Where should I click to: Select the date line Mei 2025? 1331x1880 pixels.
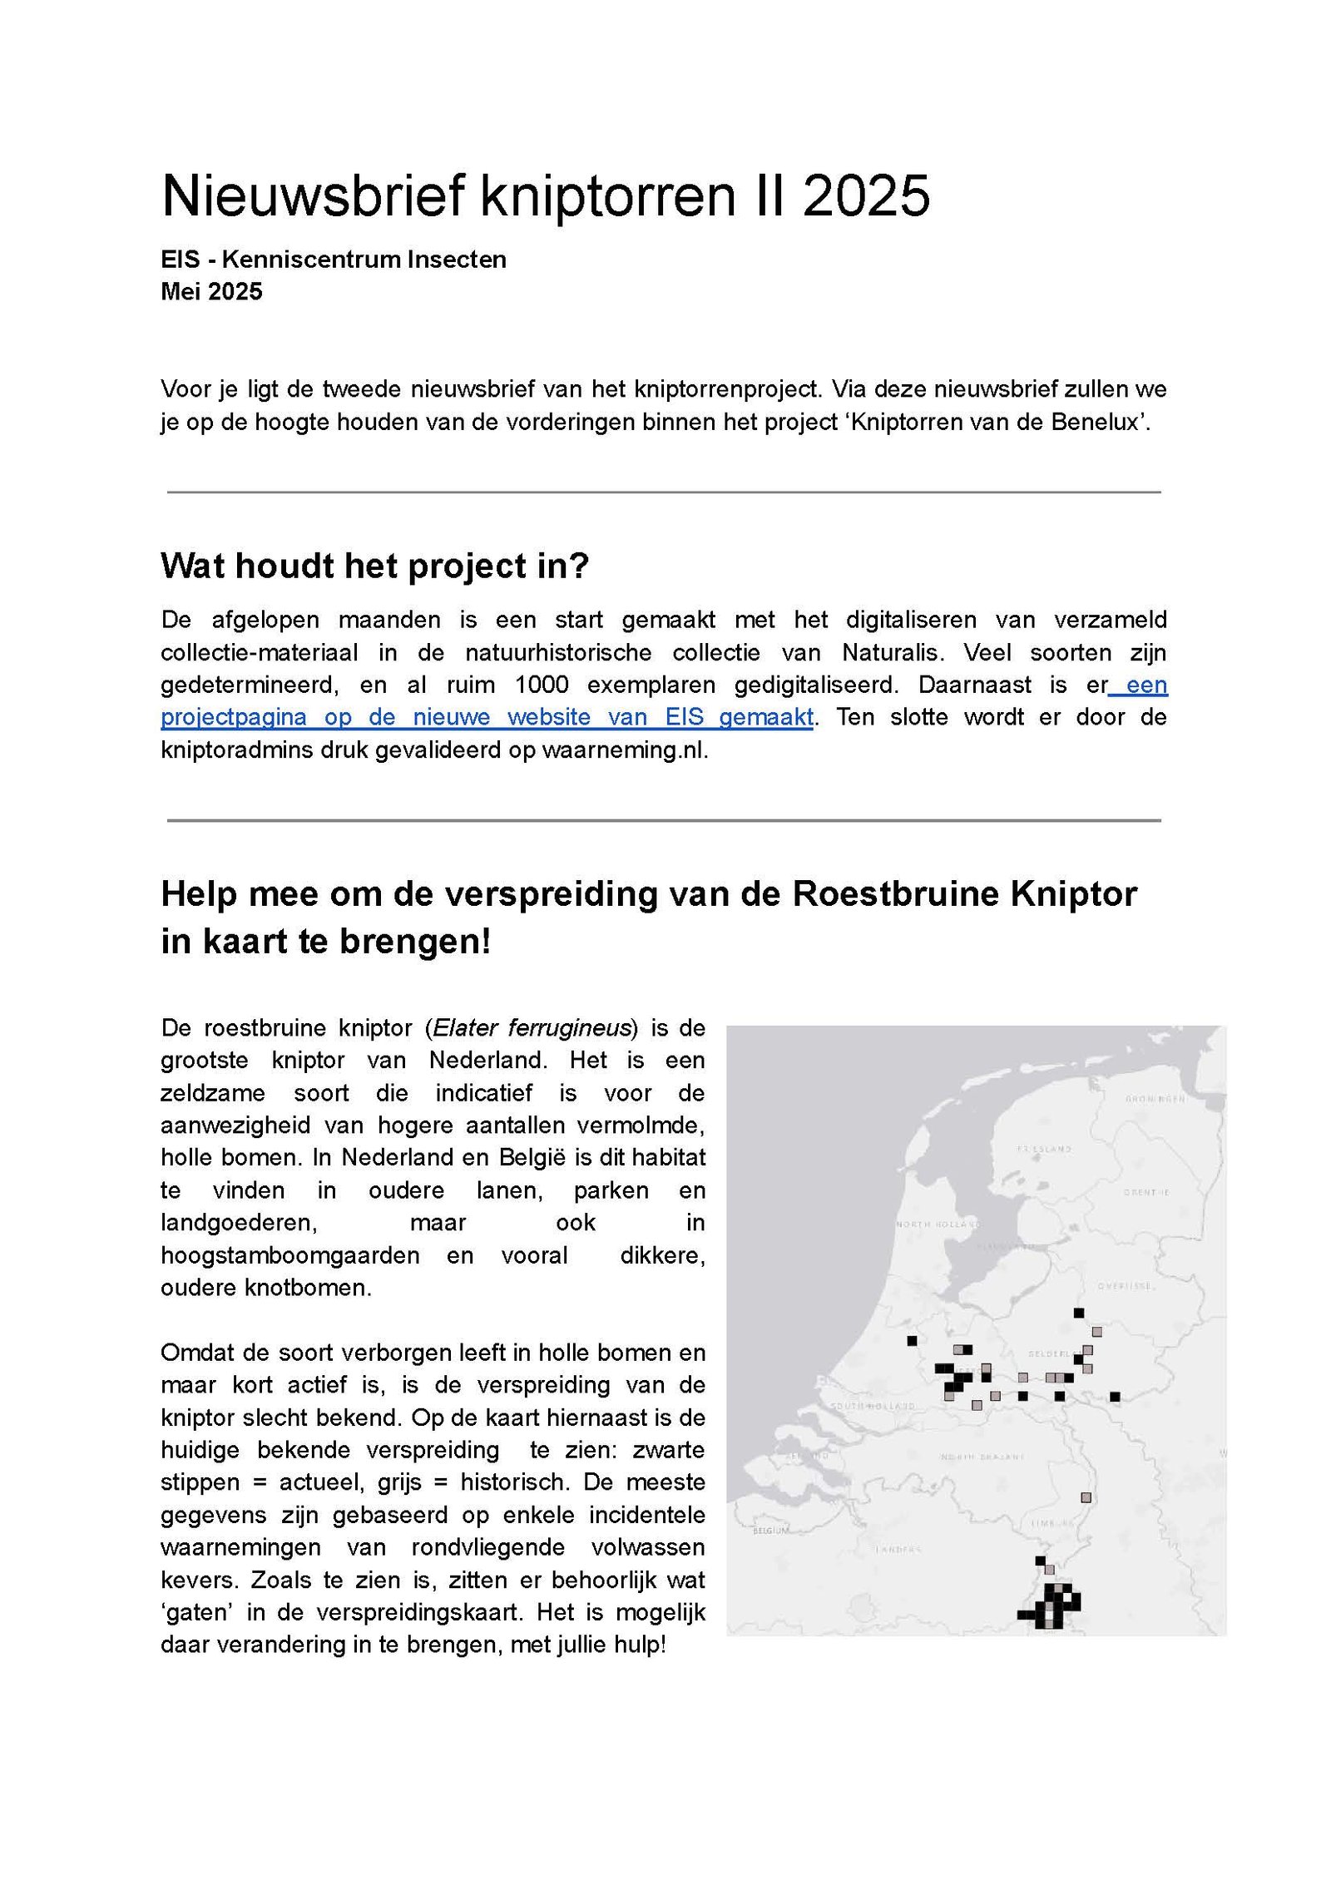(x=211, y=291)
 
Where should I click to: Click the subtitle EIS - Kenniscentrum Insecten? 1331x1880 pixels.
(x=333, y=260)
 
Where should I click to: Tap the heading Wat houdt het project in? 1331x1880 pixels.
(x=374, y=566)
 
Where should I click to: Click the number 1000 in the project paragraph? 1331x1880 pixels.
(x=541, y=685)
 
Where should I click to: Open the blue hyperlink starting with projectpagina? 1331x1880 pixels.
(x=487, y=717)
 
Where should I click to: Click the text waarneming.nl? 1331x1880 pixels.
(x=624, y=750)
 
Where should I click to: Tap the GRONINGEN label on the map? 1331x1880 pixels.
(x=1155, y=1099)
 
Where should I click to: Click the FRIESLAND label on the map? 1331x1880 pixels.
(x=1044, y=1149)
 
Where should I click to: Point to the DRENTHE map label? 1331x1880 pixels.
(x=1146, y=1192)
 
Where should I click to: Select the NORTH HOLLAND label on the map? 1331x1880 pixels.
(x=938, y=1224)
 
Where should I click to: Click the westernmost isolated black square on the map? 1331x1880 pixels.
(x=912, y=1341)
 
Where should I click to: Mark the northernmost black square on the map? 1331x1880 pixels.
(x=1079, y=1313)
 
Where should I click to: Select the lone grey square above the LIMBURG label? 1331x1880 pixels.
(x=1086, y=1497)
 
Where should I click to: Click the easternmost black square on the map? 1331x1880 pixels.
(x=1115, y=1397)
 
